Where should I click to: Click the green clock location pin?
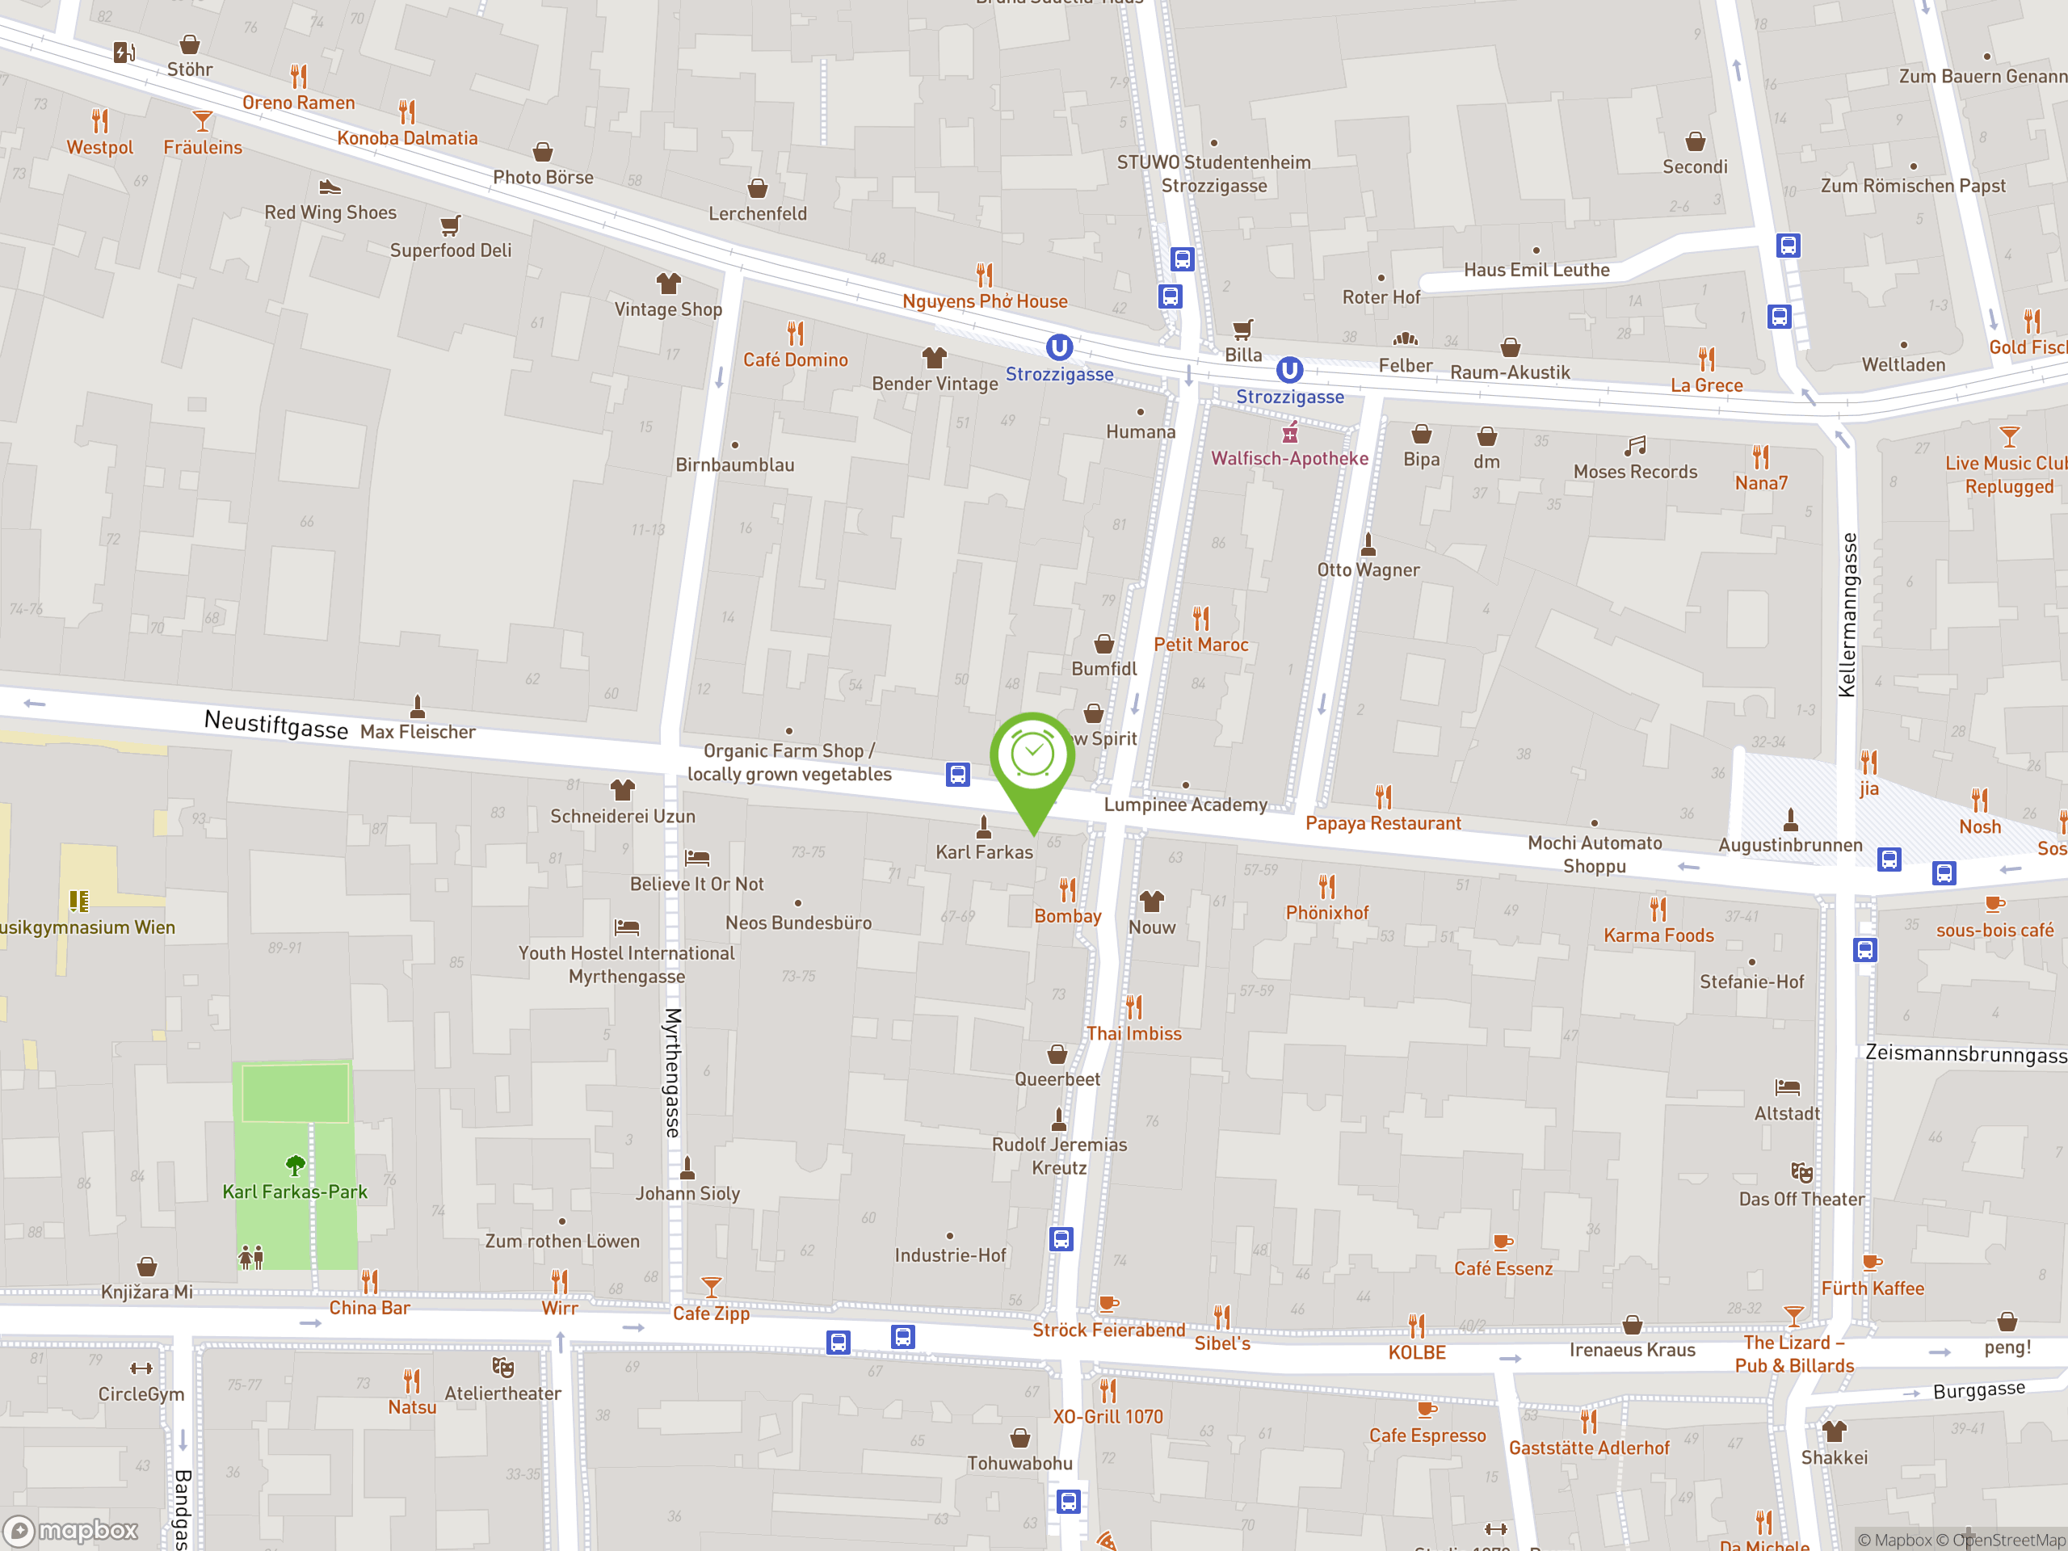click(x=1032, y=757)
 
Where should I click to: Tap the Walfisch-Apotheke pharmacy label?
click(x=1289, y=458)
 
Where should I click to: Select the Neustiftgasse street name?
click(x=275, y=723)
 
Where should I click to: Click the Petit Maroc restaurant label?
click(x=1200, y=644)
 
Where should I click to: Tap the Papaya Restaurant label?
click(x=1383, y=822)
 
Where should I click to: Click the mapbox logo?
click(x=71, y=1531)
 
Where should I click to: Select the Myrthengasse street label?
click(x=673, y=1072)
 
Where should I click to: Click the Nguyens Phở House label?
click(x=985, y=301)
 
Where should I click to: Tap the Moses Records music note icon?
click(x=1635, y=446)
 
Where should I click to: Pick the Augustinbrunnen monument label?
click(x=1790, y=845)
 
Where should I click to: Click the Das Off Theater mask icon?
click(x=1801, y=1172)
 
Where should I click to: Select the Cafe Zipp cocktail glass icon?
click(x=712, y=1286)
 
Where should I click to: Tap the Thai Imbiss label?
click(x=1133, y=1033)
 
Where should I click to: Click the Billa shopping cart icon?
click(x=1242, y=329)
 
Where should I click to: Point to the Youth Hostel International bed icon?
click(x=626, y=927)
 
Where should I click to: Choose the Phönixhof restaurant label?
click(x=1326, y=913)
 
